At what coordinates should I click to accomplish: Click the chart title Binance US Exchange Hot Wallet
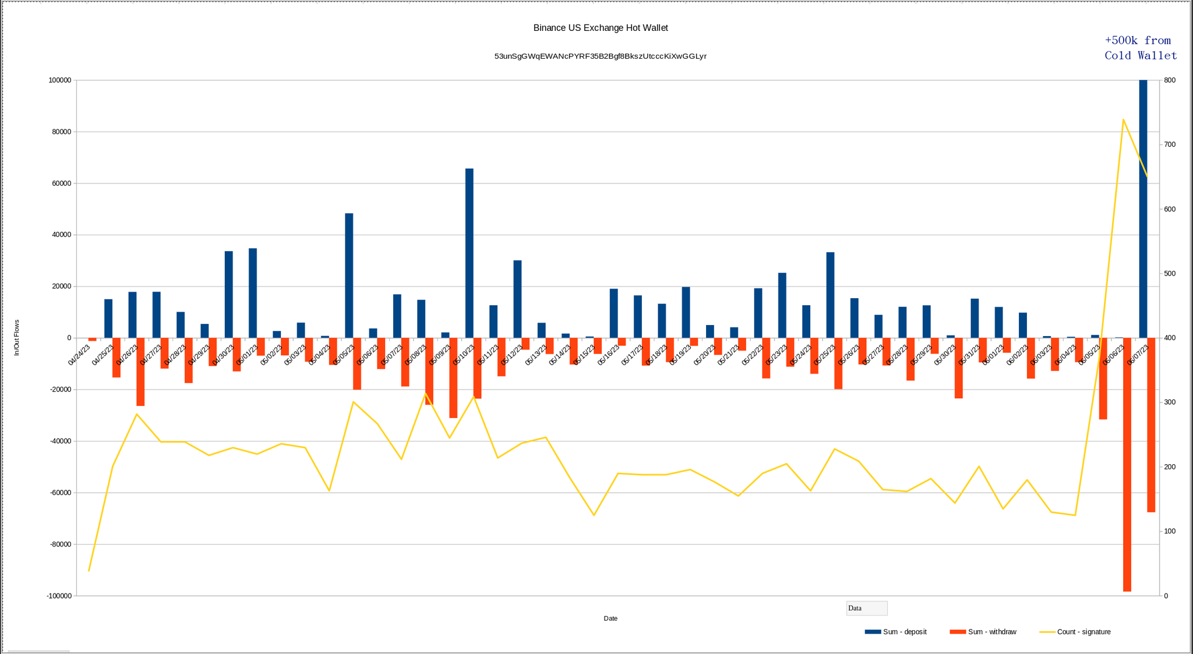click(x=601, y=28)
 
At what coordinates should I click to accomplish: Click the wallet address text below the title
click(x=601, y=56)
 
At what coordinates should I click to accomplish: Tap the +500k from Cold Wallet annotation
click(x=1141, y=48)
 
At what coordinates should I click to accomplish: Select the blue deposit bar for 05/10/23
click(x=470, y=253)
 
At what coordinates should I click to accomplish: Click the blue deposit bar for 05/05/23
click(x=349, y=275)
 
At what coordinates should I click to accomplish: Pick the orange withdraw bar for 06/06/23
click(x=1127, y=464)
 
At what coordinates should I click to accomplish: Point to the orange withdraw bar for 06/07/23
click(x=1151, y=425)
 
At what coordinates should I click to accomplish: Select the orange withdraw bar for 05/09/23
click(x=453, y=378)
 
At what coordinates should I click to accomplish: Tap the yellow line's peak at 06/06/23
click(x=1123, y=119)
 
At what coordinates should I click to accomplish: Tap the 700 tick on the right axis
click(x=1170, y=144)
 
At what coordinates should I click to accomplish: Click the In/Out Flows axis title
click(x=17, y=338)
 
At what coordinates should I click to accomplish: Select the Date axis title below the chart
click(x=610, y=618)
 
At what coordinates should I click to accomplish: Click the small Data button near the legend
click(x=867, y=608)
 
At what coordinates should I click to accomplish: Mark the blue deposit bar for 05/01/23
click(x=253, y=293)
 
